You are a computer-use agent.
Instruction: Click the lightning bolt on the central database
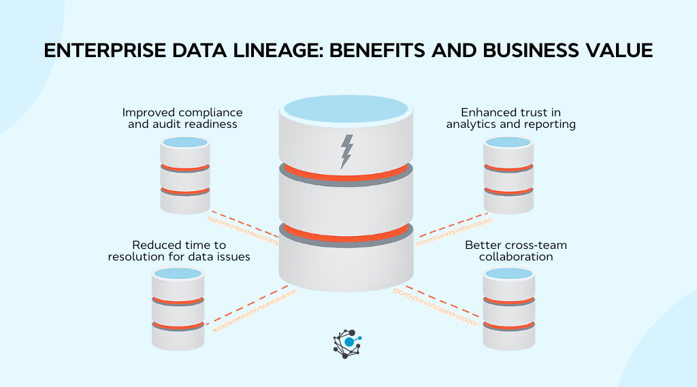347,151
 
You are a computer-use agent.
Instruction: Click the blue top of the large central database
346,110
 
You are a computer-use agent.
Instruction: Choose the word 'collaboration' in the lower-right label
516,256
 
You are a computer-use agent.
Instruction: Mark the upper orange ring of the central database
346,172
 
